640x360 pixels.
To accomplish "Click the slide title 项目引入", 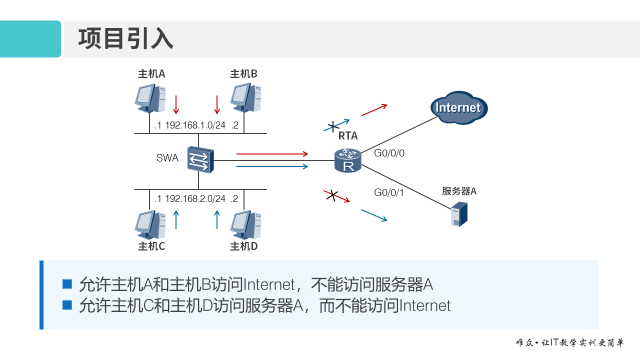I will [125, 39].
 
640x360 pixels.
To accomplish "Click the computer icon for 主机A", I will [150, 98].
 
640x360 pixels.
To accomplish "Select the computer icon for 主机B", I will [245, 98].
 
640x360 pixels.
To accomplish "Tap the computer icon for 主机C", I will [150, 224].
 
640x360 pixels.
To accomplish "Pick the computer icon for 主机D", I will [245, 224].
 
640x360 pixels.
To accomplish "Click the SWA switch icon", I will [200, 160].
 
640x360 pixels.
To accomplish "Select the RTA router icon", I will [348, 161].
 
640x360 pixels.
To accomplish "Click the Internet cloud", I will [458, 107].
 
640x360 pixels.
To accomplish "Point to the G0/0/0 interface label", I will [389, 153].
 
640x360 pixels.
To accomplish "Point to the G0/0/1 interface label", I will [388, 192].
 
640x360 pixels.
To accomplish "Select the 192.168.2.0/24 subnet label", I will [195, 198].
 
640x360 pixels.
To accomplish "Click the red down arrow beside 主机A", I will [175, 105].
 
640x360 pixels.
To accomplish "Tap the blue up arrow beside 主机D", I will [217, 219].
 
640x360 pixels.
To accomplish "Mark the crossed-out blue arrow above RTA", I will [336, 125].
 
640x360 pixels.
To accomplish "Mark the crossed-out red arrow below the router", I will [335, 195].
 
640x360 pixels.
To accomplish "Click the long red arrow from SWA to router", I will [272, 154].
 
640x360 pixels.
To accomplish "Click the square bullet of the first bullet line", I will [67, 284].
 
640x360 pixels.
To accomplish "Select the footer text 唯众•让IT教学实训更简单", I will [570, 343].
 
